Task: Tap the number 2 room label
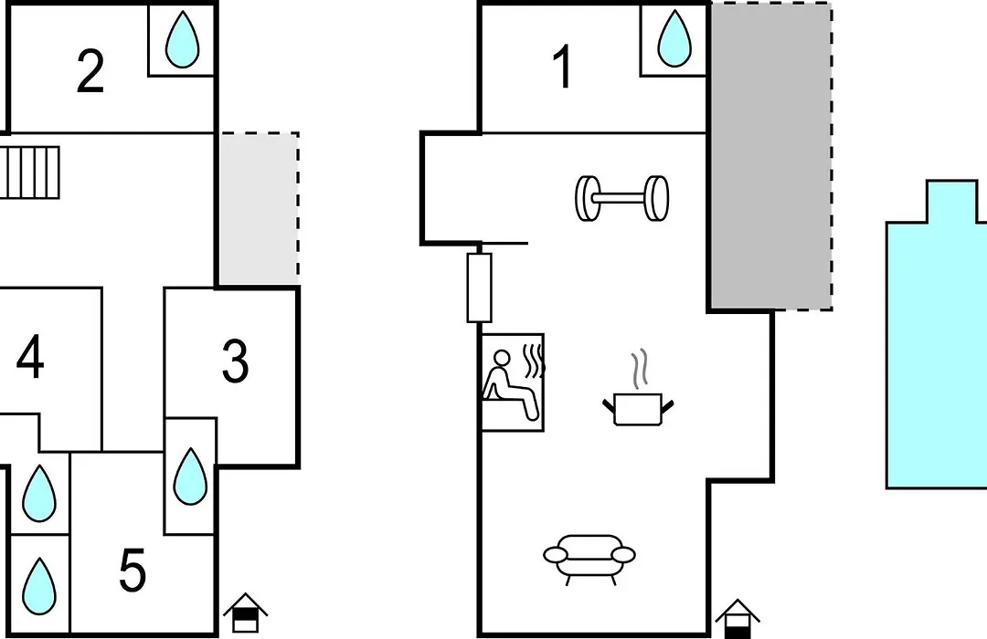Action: (x=90, y=72)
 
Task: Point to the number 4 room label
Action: (x=30, y=357)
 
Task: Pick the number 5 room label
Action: (x=133, y=570)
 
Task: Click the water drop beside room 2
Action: (x=182, y=39)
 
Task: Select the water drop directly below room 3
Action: (x=190, y=477)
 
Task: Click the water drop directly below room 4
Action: (x=39, y=494)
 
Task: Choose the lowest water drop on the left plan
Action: (x=39, y=586)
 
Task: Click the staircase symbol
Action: (x=30, y=173)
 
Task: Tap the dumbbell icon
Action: (x=622, y=198)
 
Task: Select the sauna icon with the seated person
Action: (x=513, y=382)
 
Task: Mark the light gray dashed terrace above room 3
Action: (x=259, y=208)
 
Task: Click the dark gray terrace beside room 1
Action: (x=771, y=156)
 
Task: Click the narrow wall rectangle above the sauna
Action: (x=479, y=288)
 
